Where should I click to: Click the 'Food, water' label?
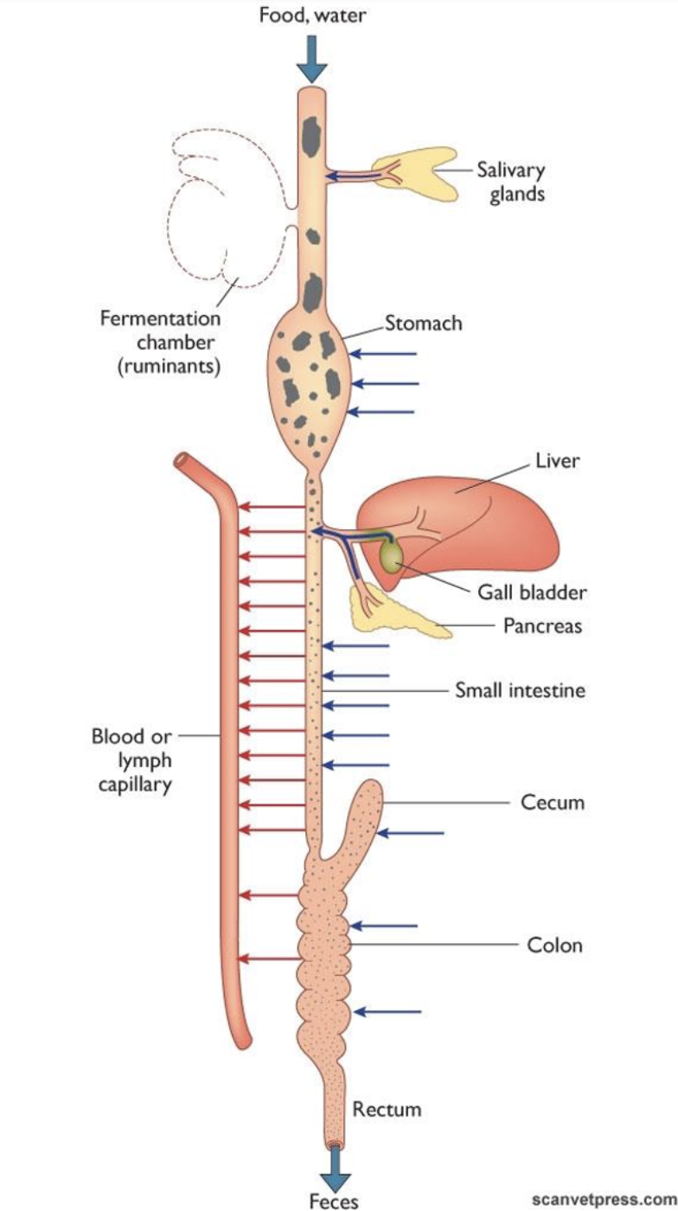coord(312,16)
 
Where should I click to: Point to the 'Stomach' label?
coord(424,324)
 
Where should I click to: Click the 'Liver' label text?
coord(557,461)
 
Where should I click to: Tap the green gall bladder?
coord(391,554)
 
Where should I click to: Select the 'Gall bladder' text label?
coord(532,593)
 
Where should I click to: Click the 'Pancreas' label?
coord(542,625)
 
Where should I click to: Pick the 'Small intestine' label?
coord(520,690)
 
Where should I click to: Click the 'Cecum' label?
coord(552,802)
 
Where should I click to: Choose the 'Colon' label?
coord(554,945)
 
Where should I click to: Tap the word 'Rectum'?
coord(387,1108)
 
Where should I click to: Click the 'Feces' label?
coord(333,1200)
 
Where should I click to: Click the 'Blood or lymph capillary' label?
coord(132,761)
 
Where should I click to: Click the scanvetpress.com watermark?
coord(602,1199)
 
